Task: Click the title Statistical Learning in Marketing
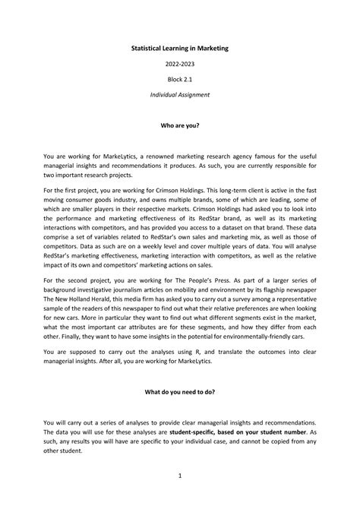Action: coord(180,48)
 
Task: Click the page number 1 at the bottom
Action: coord(180,476)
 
